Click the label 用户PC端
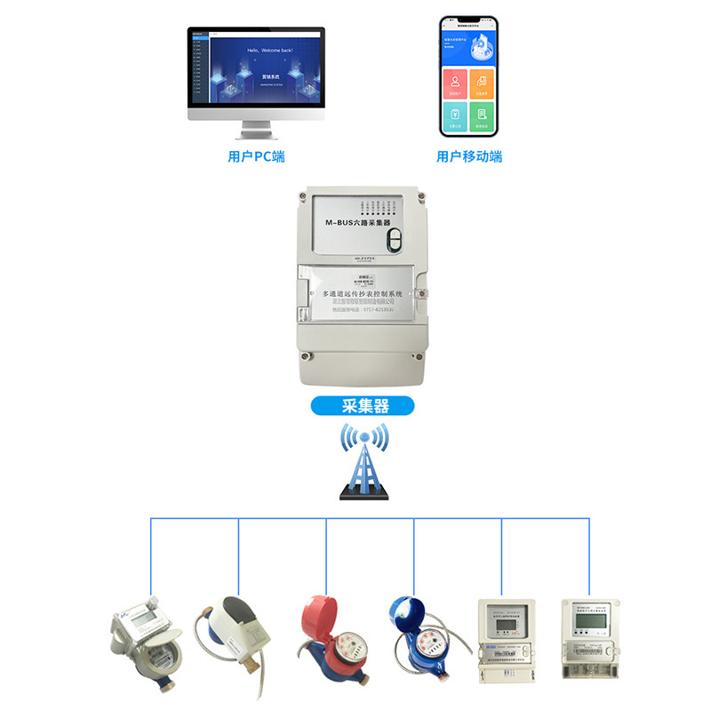coord(256,156)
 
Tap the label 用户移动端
coord(468,156)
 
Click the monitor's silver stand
coord(256,131)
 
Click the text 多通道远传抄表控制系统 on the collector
coord(363,292)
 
